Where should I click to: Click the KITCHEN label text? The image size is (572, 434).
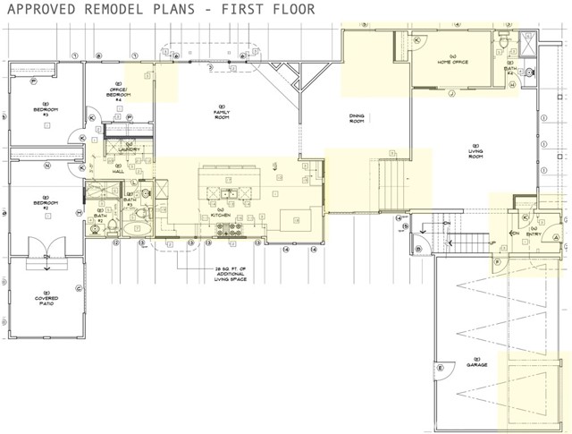point(223,216)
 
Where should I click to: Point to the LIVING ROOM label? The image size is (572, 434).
point(476,153)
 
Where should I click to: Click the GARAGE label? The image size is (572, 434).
point(475,364)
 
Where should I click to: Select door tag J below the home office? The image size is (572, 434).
point(452,93)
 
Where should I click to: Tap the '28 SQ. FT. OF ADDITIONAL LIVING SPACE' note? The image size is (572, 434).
point(223,273)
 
